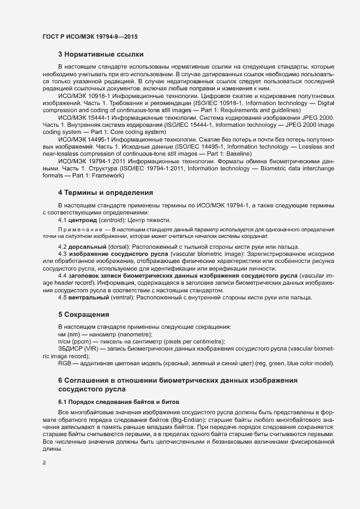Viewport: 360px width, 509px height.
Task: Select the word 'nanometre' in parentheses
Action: [136, 334]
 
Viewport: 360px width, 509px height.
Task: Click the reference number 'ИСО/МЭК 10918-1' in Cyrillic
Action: [86, 95]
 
